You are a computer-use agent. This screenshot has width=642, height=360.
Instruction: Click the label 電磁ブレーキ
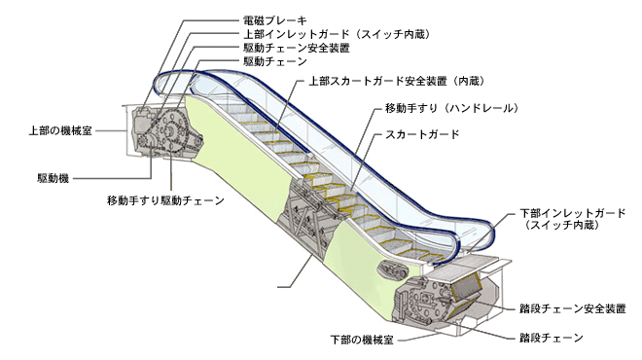[x=274, y=20]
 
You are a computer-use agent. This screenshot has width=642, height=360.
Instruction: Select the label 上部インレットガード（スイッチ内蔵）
[x=338, y=34]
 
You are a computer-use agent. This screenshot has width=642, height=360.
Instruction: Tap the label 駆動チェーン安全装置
[x=297, y=48]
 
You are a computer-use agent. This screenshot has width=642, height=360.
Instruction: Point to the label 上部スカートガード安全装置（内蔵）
[x=397, y=81]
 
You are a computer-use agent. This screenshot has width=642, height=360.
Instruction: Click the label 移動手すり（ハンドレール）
[x=452, y=108]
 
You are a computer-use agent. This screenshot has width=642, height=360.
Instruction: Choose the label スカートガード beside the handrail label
[x=422, y=134]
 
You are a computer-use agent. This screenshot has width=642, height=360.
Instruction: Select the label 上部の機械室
[x=60, y=130]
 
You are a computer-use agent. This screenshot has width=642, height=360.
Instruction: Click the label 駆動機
[x=53, y=179]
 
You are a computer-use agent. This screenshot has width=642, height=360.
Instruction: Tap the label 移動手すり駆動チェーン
[x=165, y=200]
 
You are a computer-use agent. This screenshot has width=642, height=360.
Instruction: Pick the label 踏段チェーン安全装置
[x=573, y=308]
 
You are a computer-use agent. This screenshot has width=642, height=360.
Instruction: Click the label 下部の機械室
[x=362, y=340]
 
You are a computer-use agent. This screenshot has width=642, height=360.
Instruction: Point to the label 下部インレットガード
[x=573, y=213]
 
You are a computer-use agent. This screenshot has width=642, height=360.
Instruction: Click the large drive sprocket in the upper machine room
[x=171, y=130]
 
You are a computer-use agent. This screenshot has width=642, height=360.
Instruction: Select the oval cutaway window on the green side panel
[x=392, y=270]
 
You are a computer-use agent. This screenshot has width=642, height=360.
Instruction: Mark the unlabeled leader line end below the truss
[x=278, y=287]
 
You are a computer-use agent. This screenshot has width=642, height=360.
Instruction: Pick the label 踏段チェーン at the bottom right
[x=552, y=338]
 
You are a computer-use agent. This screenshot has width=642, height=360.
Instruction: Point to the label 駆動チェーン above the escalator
[x=275, y=61]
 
